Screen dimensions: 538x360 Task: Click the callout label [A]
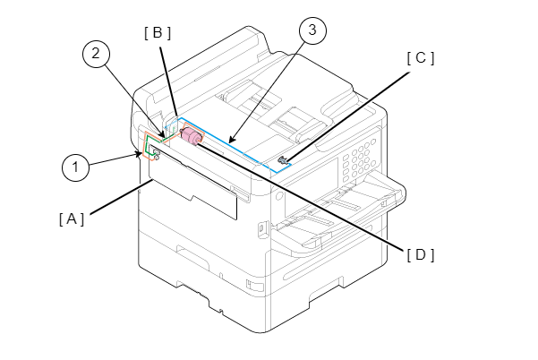coord(72,219)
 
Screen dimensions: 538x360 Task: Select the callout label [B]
coord(158,33)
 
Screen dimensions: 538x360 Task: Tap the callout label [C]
coord(421,58)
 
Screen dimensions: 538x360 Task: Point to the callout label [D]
coord(421,254)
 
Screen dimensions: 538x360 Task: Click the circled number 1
coord(75,167)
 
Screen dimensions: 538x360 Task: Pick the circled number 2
coord(96,54)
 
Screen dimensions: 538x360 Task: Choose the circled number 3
coord(312,30)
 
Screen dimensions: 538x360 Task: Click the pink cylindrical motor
coord(191,136)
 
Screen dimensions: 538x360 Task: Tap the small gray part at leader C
coord(283,159)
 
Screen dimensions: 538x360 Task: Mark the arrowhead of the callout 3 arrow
coord(231,140)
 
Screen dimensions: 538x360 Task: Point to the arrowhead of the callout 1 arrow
coord(138,155)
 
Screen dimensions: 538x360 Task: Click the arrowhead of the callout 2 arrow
coord(162,134)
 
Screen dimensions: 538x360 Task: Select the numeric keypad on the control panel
coord(359,159)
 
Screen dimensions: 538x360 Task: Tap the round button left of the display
coord(279,195)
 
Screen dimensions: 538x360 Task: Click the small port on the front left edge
coord(261,228)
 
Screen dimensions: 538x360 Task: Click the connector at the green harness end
coord(156,153)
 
